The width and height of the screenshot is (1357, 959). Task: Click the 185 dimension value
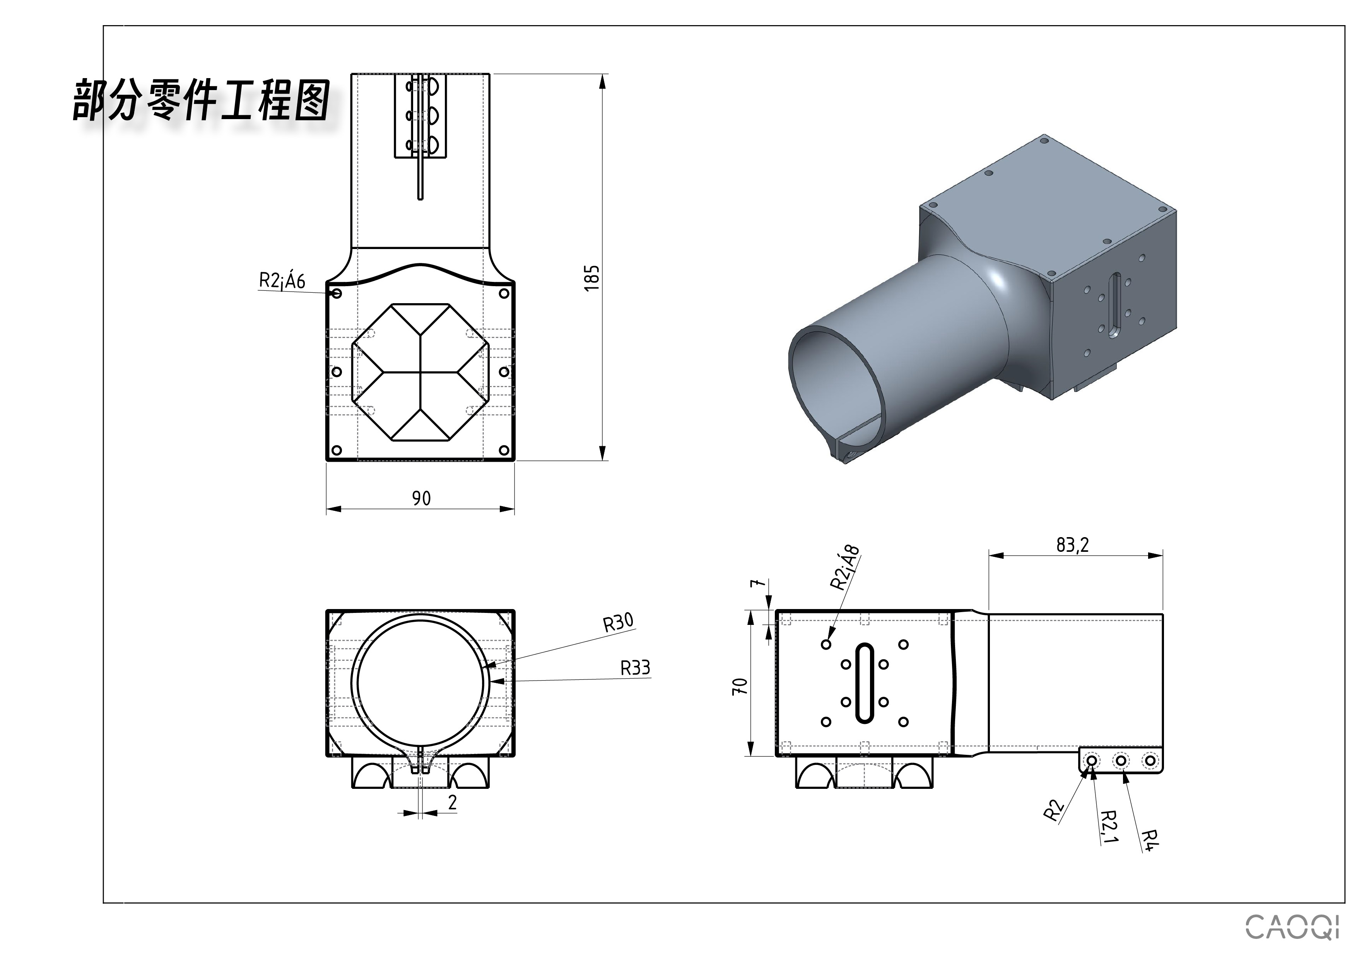click(x=591, y=277)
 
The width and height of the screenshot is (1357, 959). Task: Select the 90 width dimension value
click(x=421, y=498)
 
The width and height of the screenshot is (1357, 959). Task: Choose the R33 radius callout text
click(x=635, y=668)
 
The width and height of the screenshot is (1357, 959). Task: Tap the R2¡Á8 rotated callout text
click(x=845, y=567)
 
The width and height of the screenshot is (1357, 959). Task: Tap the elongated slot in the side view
click(x=865, y=683)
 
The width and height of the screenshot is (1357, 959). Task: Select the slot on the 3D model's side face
click(x=1115, y=305)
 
